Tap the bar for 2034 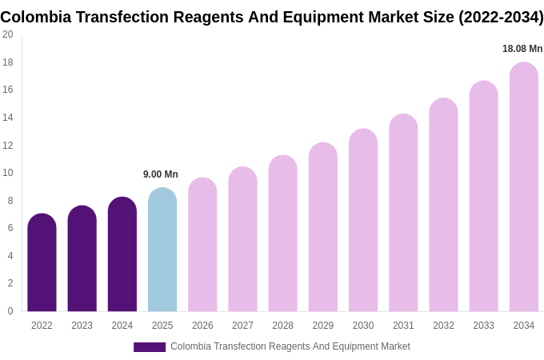pos(524,187)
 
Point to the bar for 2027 pos(242,239)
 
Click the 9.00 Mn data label pos(161,174)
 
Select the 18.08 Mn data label pos(522,49)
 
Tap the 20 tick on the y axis pos(8,34)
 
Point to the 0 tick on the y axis pos(10,311)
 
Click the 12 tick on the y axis pos(8,145)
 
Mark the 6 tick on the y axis pos(10,228)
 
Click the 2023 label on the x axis pos(82,326)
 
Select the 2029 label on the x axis pos(323,326)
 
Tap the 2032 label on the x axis pos(443,326)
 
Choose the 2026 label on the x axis pos(202,326)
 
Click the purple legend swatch pos(150,347)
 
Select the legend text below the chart pos(290,346)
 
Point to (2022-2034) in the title pos(501,17)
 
